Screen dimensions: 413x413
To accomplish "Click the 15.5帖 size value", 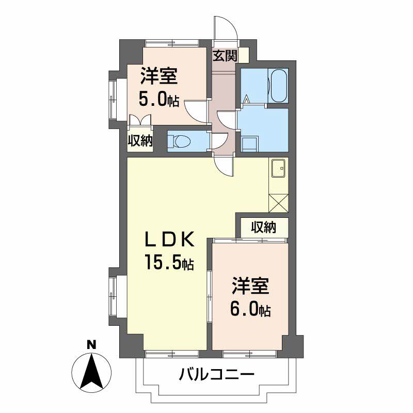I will pos(169,263).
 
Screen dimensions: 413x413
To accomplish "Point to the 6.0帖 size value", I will pos(250,309).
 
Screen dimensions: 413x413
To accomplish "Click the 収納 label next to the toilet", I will pos(140,141).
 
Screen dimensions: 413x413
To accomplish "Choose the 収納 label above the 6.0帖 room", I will pos(263,227).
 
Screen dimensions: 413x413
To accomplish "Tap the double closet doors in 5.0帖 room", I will pos(140,120).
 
